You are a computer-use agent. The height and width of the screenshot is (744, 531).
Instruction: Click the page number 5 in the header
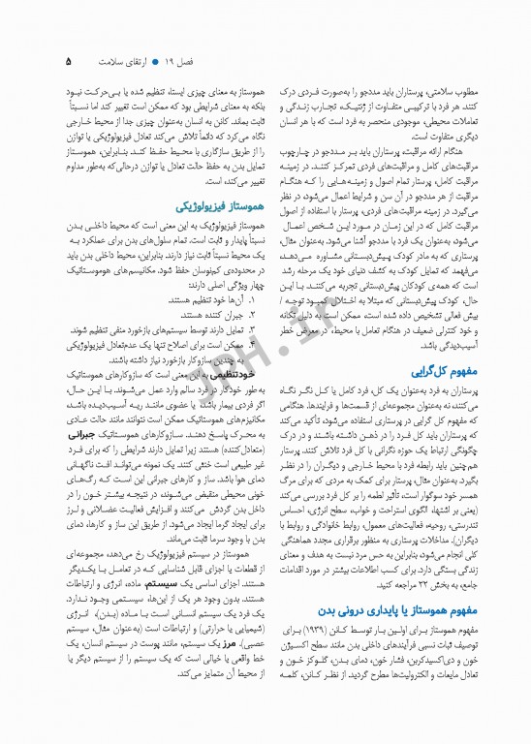coord(68,61)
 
